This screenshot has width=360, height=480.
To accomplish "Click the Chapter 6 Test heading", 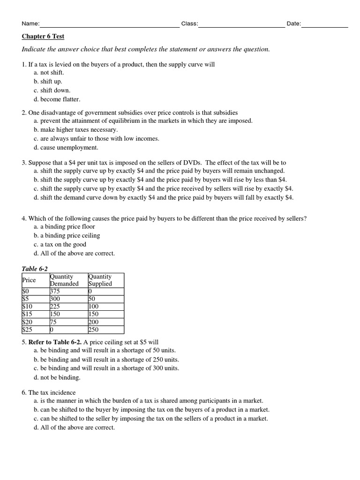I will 43,36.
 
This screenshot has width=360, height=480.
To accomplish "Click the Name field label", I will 30,24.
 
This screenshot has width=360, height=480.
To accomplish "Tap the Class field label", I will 189,24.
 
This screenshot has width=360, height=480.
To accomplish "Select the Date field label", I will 293,24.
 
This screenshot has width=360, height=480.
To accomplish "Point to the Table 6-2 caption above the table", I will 35,269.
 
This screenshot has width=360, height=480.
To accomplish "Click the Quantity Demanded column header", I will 64,280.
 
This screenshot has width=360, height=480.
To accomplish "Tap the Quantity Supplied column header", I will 100,280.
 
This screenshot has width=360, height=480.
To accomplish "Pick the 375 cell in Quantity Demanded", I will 55,291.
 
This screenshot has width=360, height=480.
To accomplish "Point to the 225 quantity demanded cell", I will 55,306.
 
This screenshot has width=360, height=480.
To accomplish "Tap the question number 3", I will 24,162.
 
